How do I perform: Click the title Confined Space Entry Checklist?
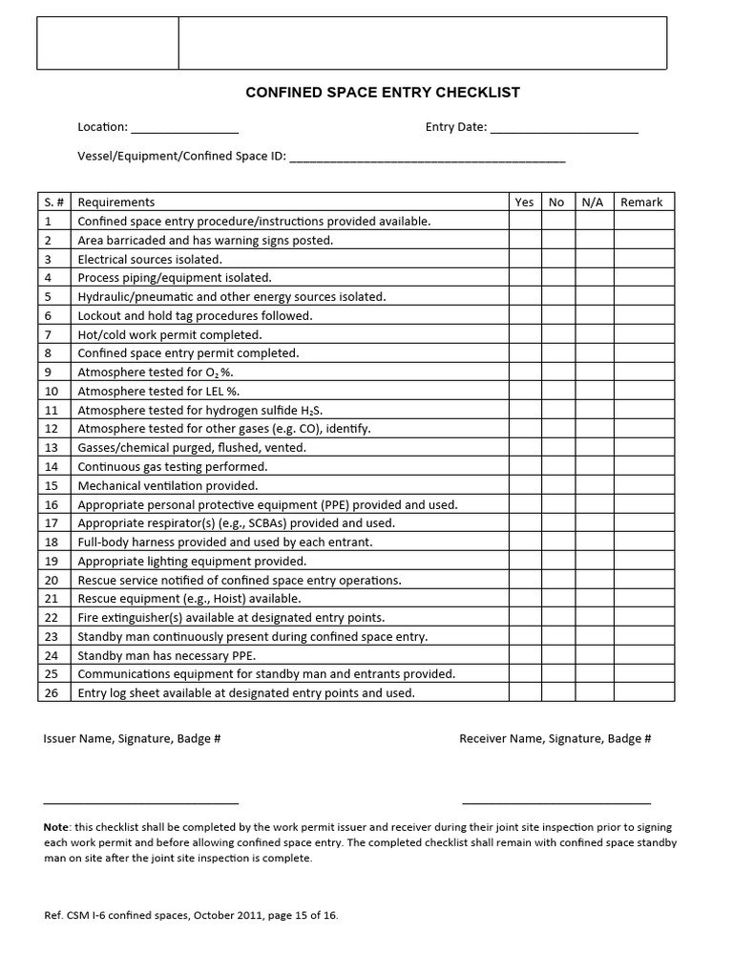pos(383,93)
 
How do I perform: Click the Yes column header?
pos(524,202)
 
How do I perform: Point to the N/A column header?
pos(592,202)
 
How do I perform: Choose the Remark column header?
pos(641,202)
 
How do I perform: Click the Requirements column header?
pos(116,202)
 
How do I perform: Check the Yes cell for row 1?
pos(524,222)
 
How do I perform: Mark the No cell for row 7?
pos(556,335)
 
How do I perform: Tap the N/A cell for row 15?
pos(592,486)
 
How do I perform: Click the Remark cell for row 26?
pos(643,693)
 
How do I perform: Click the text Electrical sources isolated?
pos(150,260)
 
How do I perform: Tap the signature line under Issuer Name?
pos(140,802)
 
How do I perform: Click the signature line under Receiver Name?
pos(556,802)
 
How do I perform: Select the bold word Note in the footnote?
pos(55,826)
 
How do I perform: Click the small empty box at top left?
pos(108,43)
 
